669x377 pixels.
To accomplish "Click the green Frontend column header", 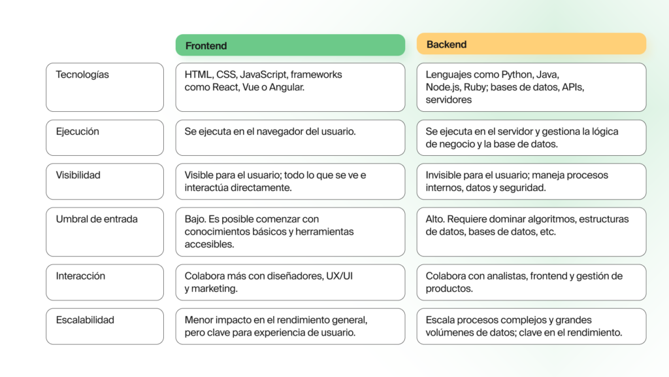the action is [x=290, y=45].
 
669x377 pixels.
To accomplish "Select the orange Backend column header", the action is [x=531, y=44].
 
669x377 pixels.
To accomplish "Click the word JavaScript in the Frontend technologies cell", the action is [x=264, y=75].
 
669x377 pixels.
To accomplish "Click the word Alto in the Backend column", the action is [x=434, y=219].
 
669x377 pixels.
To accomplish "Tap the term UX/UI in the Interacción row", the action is [x=339, y=276].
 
